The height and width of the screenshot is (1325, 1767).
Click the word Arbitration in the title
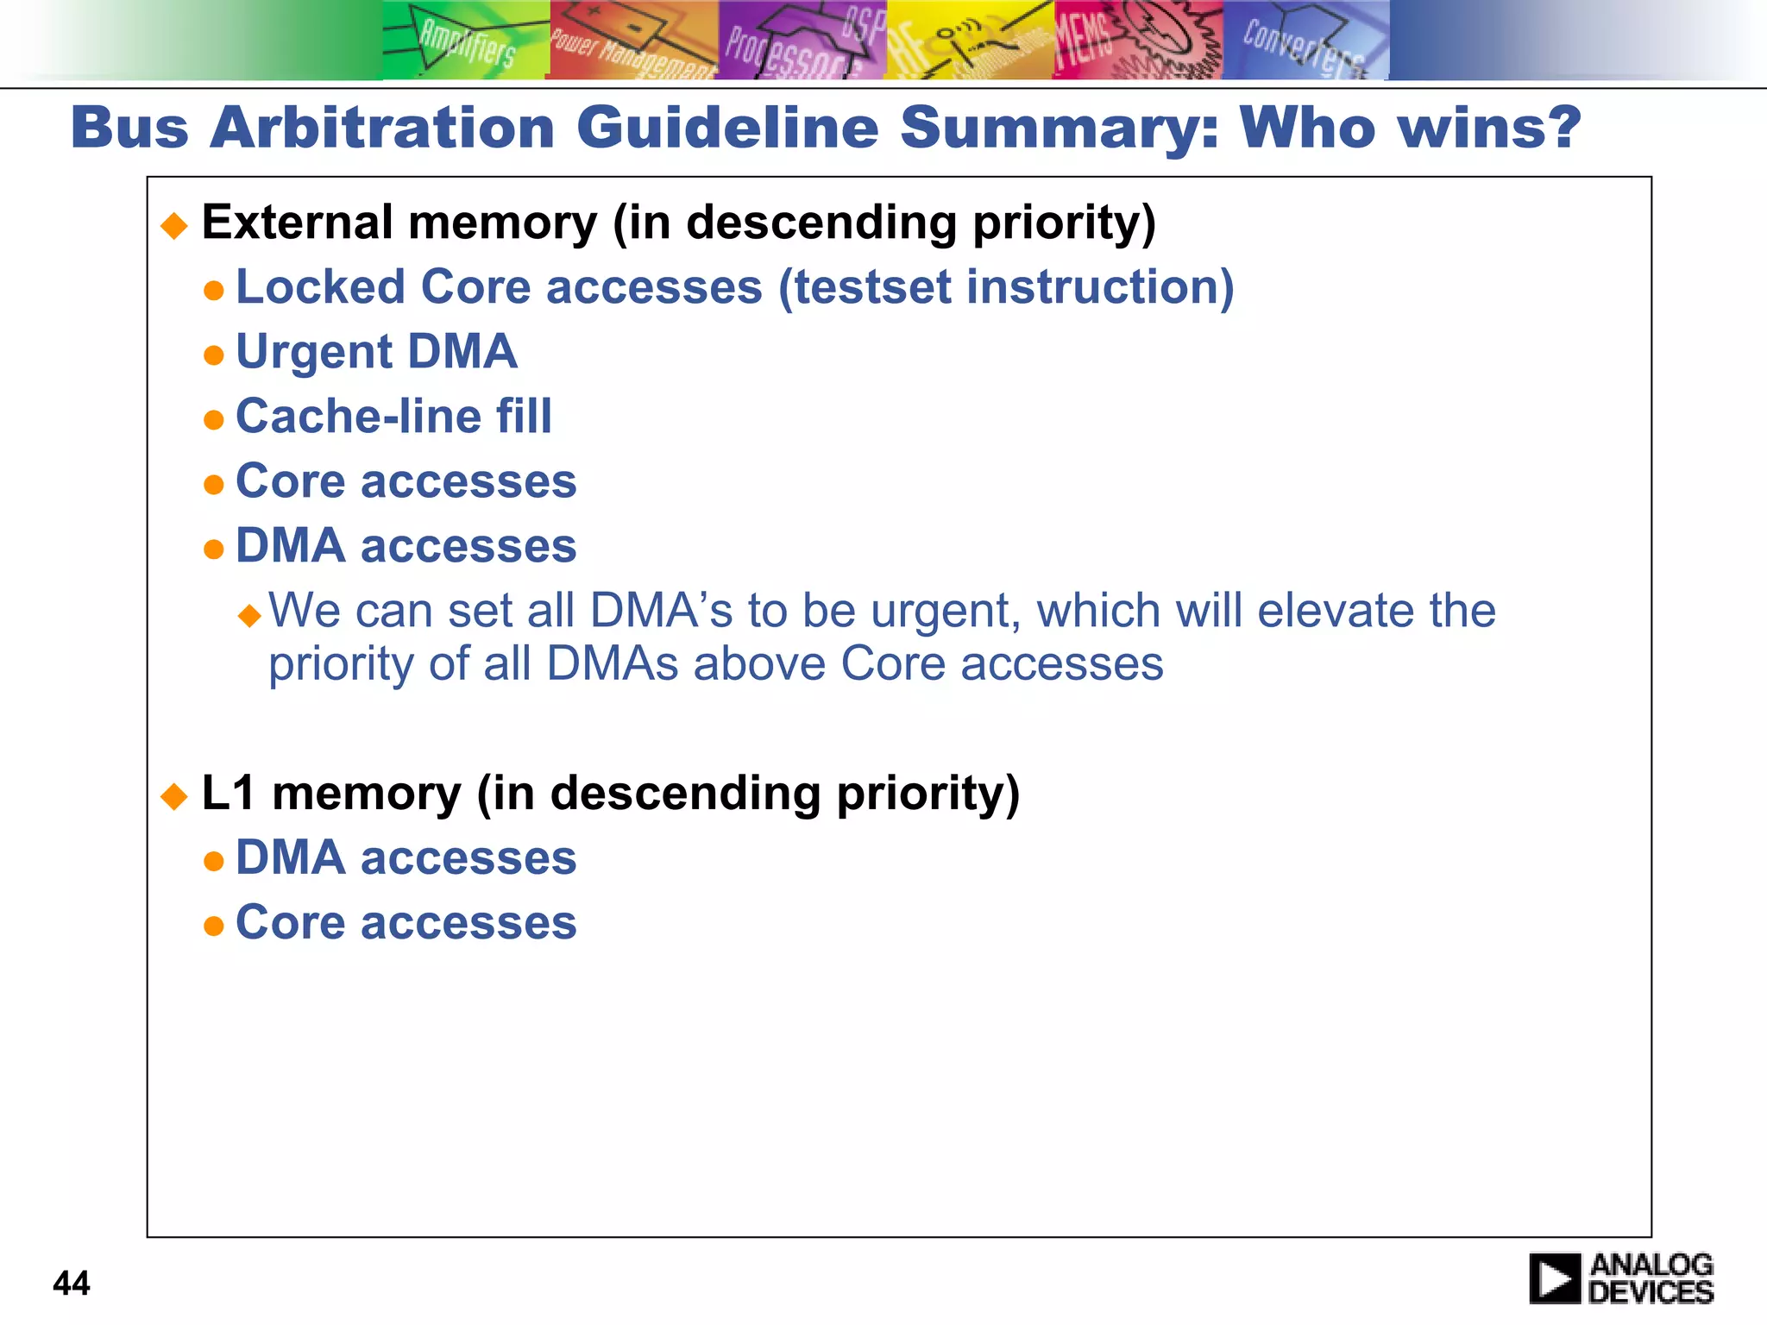tap(382, 128)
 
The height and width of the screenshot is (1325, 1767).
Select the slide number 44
tap(72, 1284)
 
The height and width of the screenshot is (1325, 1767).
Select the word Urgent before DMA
tap(314, 353)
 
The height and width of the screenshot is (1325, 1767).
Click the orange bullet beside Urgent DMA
tap(213, 355)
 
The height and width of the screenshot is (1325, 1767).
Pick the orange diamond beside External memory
tap(174, 226)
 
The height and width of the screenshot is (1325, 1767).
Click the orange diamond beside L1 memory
tap(174, 796)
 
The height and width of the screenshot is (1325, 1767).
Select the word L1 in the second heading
tap(228, 793)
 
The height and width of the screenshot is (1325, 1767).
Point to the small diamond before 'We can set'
tap(249, 615)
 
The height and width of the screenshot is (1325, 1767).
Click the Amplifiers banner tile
tap(465, 41)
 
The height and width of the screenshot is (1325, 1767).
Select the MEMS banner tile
tap(1136, 41)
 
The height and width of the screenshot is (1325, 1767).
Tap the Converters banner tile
tap(1305, 41)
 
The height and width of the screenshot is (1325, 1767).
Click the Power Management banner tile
tap(632, 41)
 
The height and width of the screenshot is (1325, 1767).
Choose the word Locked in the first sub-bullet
tap(320, 287)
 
